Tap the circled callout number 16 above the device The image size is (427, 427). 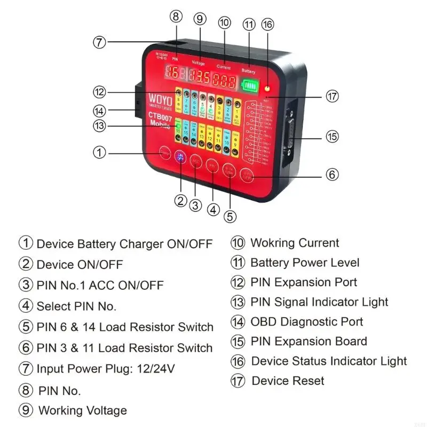click(267, 24)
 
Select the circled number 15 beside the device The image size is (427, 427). click(332, 136)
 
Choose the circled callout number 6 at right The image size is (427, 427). click(332, 175)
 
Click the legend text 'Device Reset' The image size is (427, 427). click(288, 381)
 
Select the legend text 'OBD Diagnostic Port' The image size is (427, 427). click(306, 322)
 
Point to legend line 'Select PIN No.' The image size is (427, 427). click(76, 306)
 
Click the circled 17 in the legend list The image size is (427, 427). click(238, 381)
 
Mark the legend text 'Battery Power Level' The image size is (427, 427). click(305, 263)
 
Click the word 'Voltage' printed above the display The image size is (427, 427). click(199, 64)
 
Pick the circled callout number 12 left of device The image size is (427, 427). click(99, 92)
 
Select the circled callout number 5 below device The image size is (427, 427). click(230, 216)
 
